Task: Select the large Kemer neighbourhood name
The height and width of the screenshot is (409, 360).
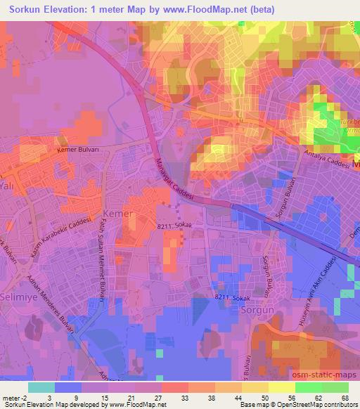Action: [117, 213]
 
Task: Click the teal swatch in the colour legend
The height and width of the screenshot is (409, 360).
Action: [41, 387]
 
